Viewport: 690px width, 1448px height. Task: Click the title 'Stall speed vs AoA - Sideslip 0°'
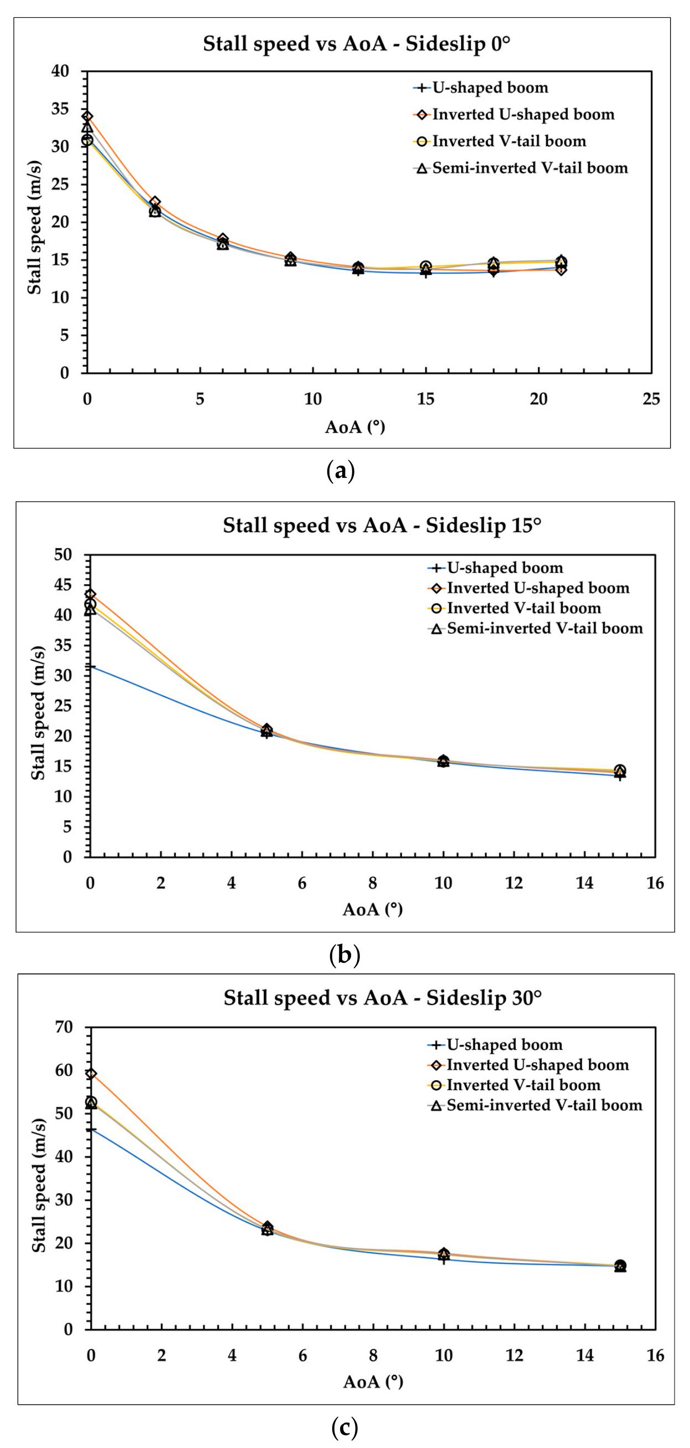click(356, 44)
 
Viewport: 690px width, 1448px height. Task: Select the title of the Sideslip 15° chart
click(382, 525)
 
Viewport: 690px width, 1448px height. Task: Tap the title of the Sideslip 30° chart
click(383, 998)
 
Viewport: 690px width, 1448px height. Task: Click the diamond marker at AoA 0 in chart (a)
click(87, 117)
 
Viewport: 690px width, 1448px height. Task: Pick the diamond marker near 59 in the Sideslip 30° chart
click(91, 1074)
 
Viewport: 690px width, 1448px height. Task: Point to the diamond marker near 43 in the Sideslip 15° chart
click(90, 594)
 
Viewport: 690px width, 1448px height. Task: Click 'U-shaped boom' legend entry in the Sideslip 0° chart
click(489, 88)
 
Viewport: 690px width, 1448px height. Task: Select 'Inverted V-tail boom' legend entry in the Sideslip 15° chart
click(524, 608)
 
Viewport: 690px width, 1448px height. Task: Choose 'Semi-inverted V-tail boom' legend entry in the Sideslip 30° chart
click(544, 1106)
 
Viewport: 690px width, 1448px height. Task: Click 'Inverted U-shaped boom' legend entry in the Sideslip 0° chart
click(522, 114)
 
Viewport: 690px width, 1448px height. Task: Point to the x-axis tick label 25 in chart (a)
click(651, 399)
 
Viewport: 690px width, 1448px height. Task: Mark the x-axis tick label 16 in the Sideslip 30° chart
click(655, 1356)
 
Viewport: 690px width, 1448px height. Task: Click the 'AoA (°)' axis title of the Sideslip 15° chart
click(373, 909)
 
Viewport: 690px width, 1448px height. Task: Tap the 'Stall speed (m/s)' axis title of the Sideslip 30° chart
click(39, 1178)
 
